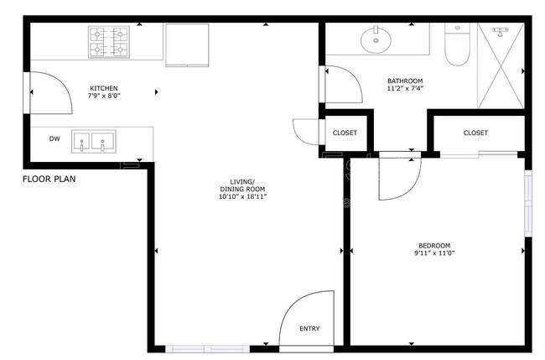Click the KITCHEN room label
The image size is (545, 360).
(x=104, y=88)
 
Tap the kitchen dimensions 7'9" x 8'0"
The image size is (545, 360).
(x=104, y=97)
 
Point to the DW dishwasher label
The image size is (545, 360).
(x=54, y=139)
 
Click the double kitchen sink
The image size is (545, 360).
(x=93, y=142)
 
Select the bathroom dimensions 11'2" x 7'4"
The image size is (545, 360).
(x=404, y=89)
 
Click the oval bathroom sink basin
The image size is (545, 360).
(x=375, y=38)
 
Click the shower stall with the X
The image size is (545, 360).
(x=500, y=65)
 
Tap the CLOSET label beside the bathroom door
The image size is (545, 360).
(x=345, y=133)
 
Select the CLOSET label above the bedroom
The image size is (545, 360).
(x=475, y=133)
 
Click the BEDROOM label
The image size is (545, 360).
(x=435, y=245)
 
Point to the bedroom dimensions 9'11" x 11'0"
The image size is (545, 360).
(x=435, y=253)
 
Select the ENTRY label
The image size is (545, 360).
(x=309, y=328)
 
